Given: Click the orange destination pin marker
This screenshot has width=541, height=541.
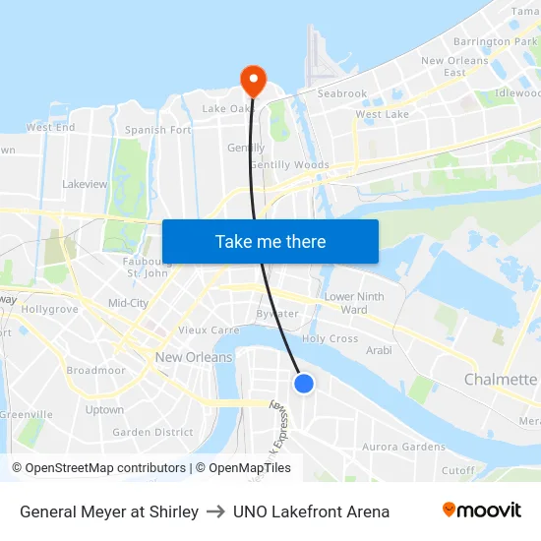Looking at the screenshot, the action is click(x=253, y=80).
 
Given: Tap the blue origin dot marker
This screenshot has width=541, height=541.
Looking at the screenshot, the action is click(x=304, y=384).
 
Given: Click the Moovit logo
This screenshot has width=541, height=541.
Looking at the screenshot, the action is click(x=481, y=511).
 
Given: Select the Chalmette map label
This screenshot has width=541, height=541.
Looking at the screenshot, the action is click(x=501, y=380).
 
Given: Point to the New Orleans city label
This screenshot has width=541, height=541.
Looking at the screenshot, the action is click(x=194, y=357).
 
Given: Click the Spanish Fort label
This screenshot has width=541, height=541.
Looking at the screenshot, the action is click(x=157, y=130).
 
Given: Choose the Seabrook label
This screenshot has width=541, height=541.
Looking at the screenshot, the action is click(x=342, y=94).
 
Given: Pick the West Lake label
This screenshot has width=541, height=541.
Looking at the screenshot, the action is click(x=382, y=115).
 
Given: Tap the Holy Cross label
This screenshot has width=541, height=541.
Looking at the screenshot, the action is click(x=330, y=338).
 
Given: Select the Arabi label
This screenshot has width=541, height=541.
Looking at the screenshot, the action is click(x=378, y=350).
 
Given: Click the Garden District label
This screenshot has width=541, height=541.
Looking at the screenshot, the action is click(x=146, y=432).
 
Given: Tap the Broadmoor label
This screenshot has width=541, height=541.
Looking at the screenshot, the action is click(x=96, y=371).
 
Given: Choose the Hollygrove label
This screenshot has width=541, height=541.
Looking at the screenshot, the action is click(x=49, y=309).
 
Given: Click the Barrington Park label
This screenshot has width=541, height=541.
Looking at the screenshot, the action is click(x=496, y=42).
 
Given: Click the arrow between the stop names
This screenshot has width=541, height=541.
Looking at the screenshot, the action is click(x=215, y=511).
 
